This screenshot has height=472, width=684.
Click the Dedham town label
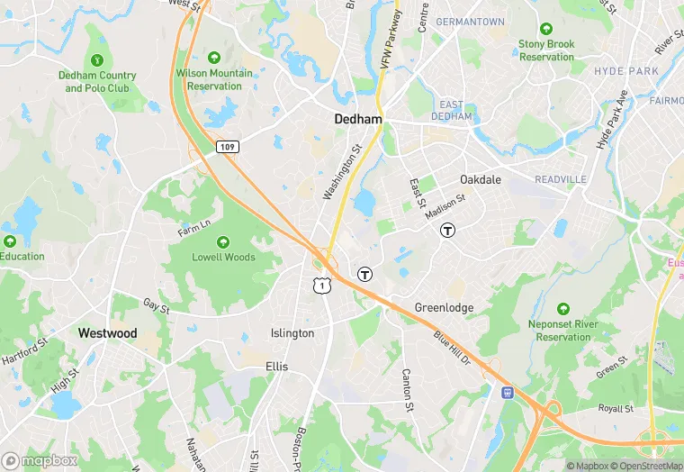click(358, 119)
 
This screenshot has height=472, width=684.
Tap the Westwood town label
click(107, 333)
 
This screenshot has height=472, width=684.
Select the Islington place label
click(292, 333)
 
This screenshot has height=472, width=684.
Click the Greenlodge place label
click(444, 308)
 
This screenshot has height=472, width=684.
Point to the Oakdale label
click(481, 179)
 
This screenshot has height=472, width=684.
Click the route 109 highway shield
click(227, 145)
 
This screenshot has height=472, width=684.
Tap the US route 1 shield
click(320, 285)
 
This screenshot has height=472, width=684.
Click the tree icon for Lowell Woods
click(223, 241)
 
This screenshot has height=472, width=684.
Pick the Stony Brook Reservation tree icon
click(546, 28)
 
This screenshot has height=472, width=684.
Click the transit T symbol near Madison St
click(447, 230)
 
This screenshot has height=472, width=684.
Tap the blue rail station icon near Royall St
click(507, 392)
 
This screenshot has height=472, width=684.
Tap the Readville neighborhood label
click(560, 180)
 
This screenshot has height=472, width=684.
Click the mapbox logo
click(40, 459)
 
